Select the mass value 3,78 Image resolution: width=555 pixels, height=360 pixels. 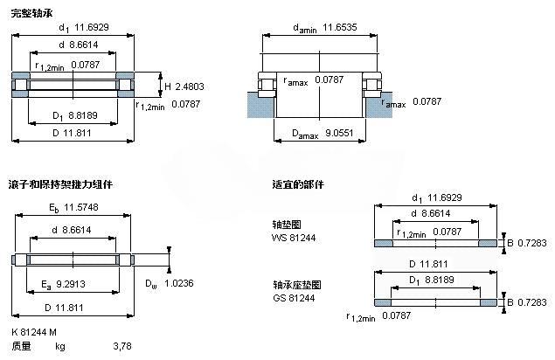122,347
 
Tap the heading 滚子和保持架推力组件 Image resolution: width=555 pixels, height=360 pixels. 60,184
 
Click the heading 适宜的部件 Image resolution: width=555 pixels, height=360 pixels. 297,184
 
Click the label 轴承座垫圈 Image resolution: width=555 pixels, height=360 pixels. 291,285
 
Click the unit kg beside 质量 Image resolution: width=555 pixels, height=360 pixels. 60,347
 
